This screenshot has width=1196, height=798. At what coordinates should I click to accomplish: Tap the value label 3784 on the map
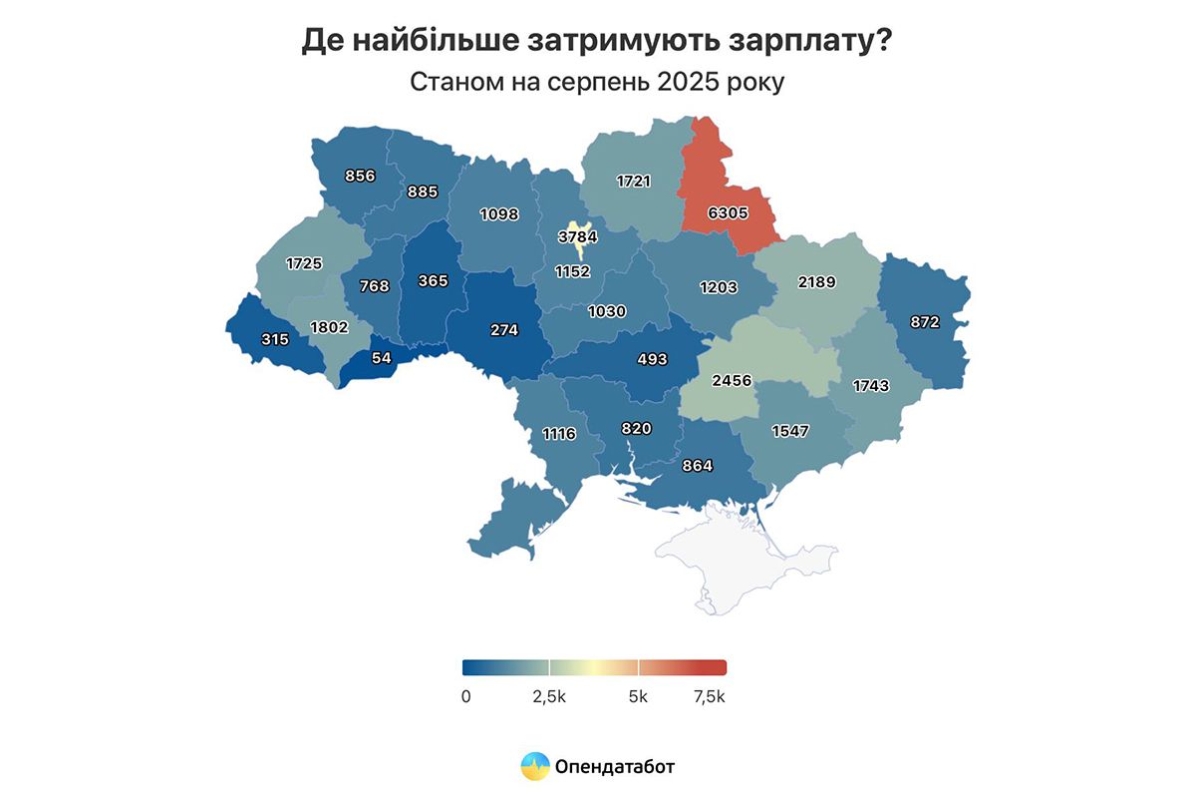(577, 237)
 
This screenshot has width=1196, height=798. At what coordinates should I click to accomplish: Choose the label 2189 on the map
(816, 282)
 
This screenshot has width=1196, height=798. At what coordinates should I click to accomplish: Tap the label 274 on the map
(504, 330)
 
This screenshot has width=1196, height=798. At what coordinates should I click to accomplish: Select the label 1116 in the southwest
(560, 433)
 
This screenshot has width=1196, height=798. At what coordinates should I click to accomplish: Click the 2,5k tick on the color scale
(548, 696)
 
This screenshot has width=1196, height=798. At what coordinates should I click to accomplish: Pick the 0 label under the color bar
(465, 696)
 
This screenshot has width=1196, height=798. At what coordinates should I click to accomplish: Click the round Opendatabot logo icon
(535, 766)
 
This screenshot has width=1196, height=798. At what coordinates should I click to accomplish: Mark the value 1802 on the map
(329, 326)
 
